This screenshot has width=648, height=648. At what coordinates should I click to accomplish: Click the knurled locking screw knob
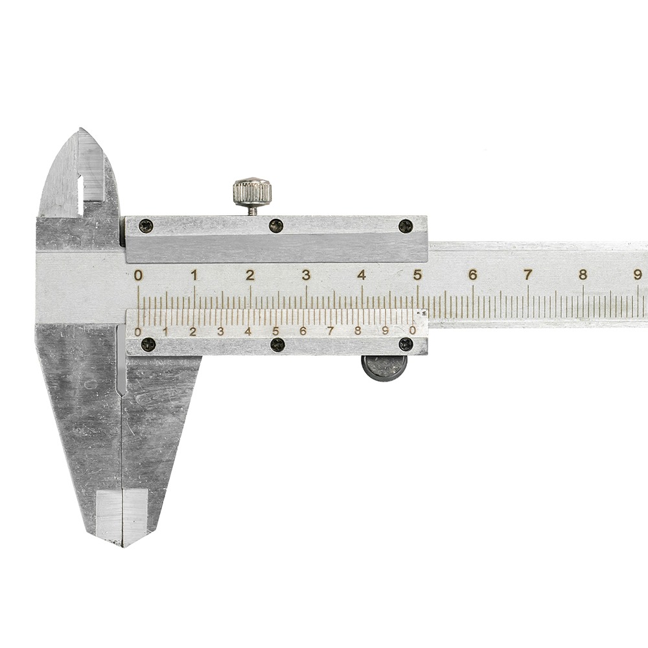[253, 191]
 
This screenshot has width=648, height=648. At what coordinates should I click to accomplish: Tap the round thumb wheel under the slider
[384, 367]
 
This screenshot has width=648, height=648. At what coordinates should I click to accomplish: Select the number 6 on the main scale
[472, 275]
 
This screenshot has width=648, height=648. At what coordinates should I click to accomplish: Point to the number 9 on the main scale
[638, 275]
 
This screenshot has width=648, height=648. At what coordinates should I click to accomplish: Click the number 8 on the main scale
[583, 275]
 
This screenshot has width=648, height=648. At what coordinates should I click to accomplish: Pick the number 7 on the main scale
[527, 275]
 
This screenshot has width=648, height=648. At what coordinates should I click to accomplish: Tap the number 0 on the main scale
[139, 275]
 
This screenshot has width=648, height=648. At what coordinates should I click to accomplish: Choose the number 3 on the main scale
[306, 275]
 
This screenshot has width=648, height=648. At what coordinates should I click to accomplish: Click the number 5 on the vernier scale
[275, 331]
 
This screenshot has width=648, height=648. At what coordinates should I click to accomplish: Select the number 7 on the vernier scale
[330, 331]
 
